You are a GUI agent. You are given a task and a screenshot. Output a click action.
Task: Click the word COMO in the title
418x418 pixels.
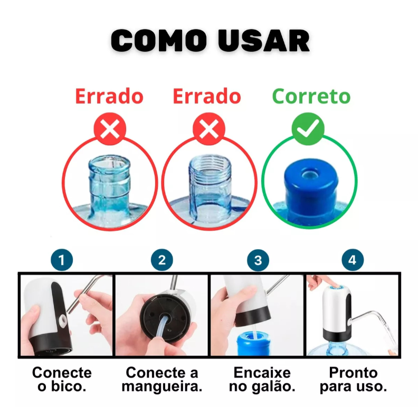coord(159,40)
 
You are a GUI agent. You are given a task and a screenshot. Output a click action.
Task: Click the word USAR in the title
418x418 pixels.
coord(264,40)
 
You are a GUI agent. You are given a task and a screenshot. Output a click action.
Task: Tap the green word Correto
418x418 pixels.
coord(311,96)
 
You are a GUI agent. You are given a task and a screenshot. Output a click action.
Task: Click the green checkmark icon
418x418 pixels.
coord(308,129)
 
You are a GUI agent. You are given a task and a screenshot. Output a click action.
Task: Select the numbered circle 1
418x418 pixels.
coord(62,260)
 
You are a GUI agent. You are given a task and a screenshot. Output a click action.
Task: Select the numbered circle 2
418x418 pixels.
coord(162,260)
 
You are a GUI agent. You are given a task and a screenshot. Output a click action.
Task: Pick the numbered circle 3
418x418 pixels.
coord(258,260)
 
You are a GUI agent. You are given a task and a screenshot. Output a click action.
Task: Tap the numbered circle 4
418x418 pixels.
coord(353,260)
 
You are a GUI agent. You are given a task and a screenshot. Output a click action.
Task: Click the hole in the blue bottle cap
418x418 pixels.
coord(310,175)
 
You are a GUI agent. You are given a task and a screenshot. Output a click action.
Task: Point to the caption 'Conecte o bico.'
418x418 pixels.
coord(62,379)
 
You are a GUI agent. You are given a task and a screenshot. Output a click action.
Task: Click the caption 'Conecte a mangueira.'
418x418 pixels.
coord(162,379)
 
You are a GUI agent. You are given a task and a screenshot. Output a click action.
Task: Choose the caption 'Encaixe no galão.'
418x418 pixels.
coord(262,379)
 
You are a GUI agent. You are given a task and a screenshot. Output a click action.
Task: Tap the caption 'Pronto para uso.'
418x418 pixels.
coord(353,379)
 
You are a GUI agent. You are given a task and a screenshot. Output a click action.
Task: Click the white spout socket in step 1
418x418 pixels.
coord(63,320)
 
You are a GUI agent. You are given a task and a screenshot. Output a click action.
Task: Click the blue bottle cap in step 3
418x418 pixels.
coord(253,343)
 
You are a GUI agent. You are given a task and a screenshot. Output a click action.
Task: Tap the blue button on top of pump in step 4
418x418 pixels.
coord(336,287)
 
